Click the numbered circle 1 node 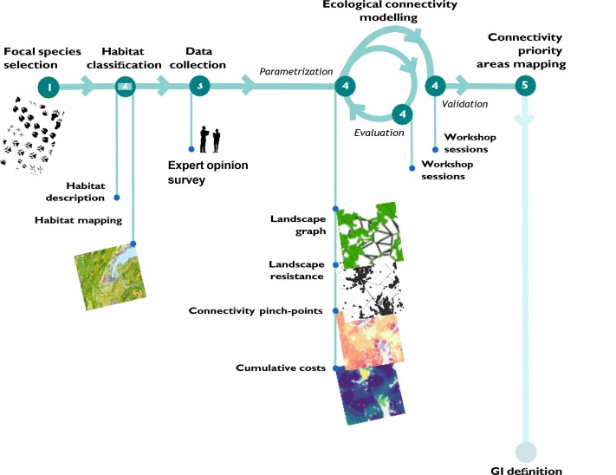[49, 88]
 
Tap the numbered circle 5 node [525, 85]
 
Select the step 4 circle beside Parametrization [345, 86]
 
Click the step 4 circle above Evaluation [402, 114]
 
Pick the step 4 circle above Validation [435, 86]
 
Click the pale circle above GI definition [526, 452]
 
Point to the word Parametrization [296, 71]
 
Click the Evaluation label [379, 133]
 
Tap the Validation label [464, 104]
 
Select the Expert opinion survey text [208, 172]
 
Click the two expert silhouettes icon [210, 139]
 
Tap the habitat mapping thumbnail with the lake [110, 277]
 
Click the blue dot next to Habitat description [117, 198]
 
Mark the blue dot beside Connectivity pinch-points [335, 311]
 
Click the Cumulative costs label [281, 368]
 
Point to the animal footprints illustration [32, 135]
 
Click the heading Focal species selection [42, 58]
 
